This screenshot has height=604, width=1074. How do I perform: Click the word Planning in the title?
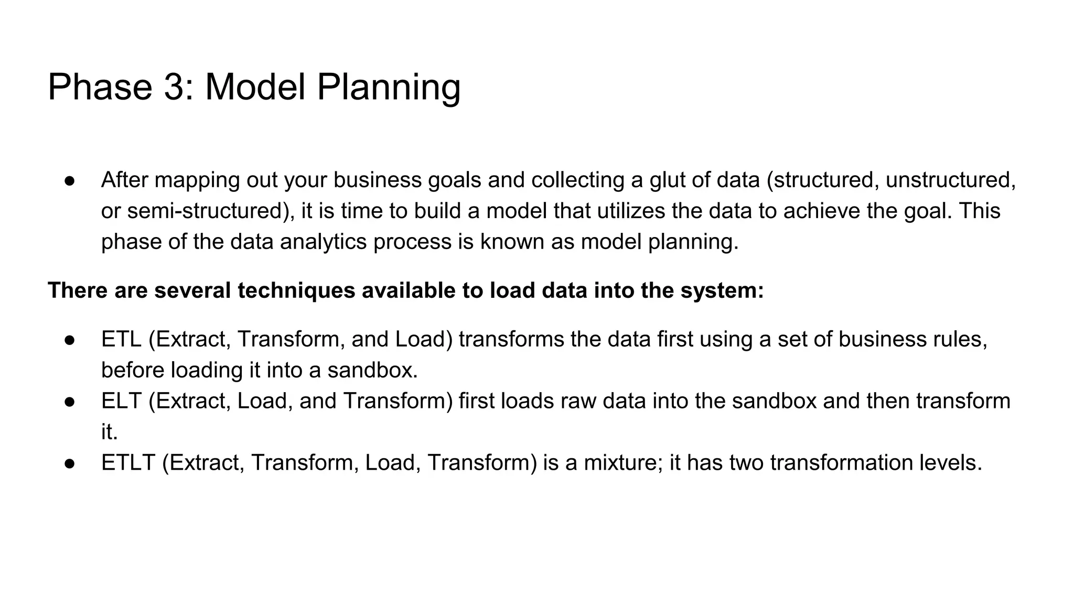click(x=389, y=87)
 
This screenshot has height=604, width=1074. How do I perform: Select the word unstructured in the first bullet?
click(x=950, y=180)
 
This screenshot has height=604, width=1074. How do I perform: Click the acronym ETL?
click(x=121, y=339)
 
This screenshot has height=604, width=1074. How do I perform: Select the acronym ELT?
click(x=121, y=401)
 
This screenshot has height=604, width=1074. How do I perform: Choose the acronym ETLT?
click(x=128, y=463)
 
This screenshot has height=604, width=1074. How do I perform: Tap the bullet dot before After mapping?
click(x=71, y=181)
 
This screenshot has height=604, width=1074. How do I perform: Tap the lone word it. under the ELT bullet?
click(x=109, y=432)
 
